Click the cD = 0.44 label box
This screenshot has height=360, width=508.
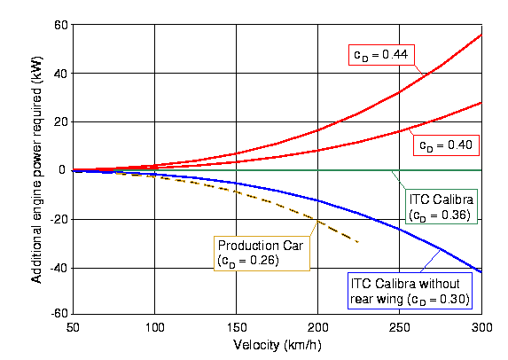click(381, 55)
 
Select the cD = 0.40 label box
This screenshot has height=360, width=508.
click(446, 145)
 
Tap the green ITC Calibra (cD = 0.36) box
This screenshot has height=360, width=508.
click(442, 207)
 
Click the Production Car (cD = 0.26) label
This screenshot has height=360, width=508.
click(262, 254)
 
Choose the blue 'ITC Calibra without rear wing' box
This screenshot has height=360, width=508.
click(410, 291)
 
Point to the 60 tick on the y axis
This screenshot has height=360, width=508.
click(61, 25)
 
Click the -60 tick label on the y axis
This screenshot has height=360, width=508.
click(59, 313)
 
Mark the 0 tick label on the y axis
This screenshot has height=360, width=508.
click(62, 169)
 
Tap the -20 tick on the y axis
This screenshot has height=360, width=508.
click(59, 219)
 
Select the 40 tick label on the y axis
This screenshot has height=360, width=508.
click(61, 74)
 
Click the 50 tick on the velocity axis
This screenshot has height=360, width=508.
click(73, 327)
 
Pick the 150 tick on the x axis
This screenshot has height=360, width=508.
click(237, 327)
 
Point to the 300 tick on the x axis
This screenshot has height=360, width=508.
click(481, 327)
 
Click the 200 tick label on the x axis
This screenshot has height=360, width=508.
click(318, 327)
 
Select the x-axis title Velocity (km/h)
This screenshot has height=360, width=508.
click(277, 346)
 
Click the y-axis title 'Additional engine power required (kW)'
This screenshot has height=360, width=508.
click(36, 169)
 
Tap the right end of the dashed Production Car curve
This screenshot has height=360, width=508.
click(358, 242)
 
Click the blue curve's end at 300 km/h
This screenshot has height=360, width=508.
click(481, 272)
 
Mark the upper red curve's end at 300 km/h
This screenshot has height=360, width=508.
click(481, 35)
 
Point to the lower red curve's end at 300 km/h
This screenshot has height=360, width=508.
click(481, 103)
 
